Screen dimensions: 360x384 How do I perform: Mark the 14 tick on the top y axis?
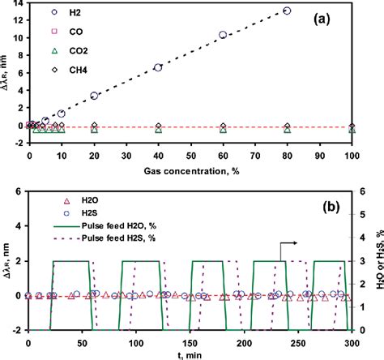[19, 4]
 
